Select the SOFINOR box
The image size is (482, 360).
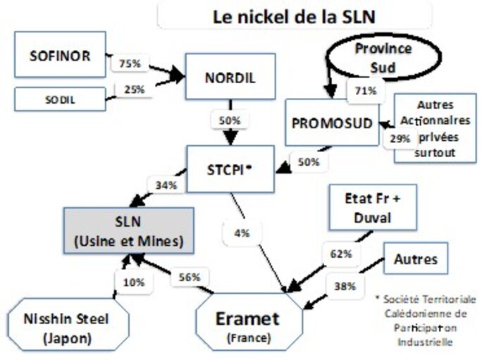click(60, 55)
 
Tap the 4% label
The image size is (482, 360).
click(242, 233)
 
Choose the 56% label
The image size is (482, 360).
click(190, 276)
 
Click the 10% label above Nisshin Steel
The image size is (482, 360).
click(133, 283)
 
